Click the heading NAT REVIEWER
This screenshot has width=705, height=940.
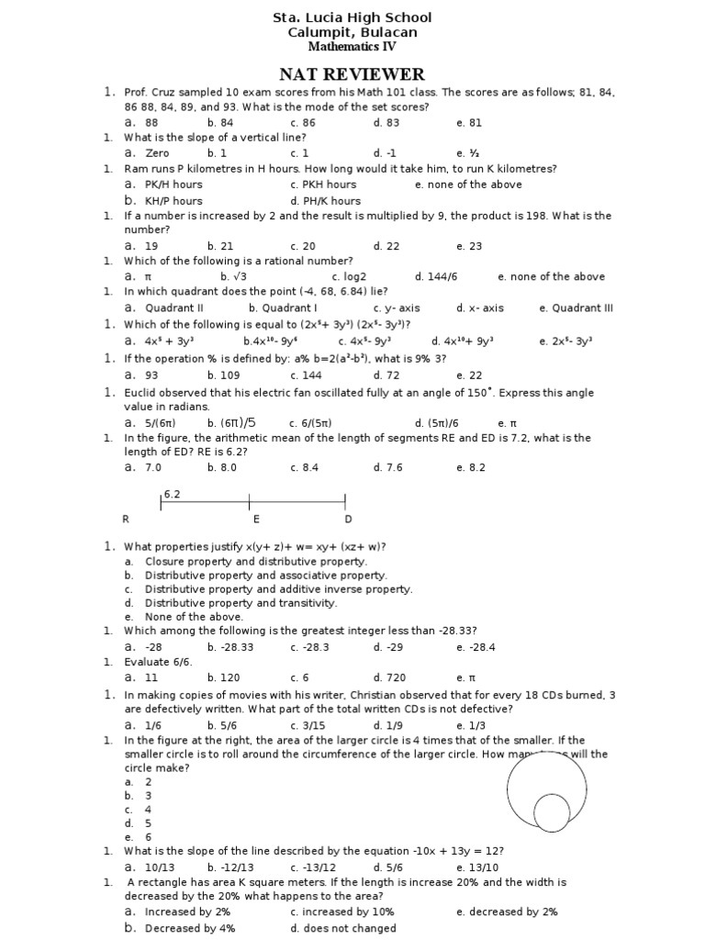(x=352, y=74)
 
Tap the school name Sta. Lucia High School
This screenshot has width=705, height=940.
(x=352, y=17)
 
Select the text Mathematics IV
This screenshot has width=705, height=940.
(x=352, y=46)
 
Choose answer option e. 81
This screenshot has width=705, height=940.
(x=468, y=122)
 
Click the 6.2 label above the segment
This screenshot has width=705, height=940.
(x=172, y=494)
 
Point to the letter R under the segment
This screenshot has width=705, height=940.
(x=126, y=520)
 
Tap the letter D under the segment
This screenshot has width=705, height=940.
(x=348, y=520)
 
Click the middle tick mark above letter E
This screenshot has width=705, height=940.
(x=250, y=502)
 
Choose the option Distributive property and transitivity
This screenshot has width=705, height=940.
(x=241, y=603)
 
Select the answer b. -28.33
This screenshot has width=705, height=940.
(x=229, y=647)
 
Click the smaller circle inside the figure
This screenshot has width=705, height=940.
(x=552, y=812)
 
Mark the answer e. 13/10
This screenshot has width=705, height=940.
(x=477, y=867)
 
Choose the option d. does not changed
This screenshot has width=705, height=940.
(x=330, y=928)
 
